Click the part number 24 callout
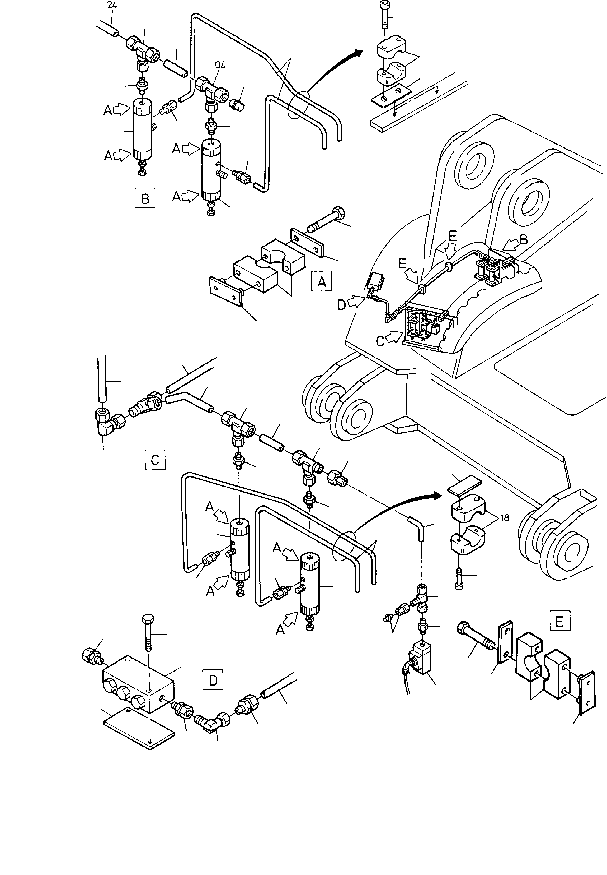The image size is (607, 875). [112, 5]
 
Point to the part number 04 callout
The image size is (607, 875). [220, 65]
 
